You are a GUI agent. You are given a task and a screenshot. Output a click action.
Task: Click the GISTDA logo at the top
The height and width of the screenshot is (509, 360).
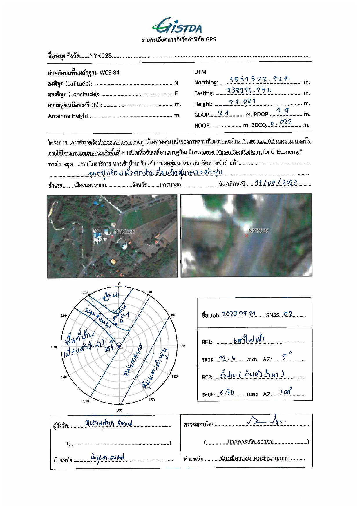coord(177,26)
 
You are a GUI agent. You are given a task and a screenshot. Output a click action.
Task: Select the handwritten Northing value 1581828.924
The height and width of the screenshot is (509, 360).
coord(259,79)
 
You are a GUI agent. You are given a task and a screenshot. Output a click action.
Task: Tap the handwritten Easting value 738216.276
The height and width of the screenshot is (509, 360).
coord(249,90)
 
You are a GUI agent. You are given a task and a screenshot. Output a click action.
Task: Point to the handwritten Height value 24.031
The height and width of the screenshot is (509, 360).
coord(242,102)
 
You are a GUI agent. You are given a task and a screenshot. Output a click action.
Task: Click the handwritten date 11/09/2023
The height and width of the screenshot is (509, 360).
coord(276,183)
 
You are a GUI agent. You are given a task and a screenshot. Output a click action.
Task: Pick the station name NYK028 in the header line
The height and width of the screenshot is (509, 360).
coord(100,56)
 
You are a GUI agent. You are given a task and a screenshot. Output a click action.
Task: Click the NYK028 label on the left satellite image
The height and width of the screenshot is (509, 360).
coord(124,231)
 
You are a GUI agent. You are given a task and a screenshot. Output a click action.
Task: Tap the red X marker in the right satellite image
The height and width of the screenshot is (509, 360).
coord(247,236)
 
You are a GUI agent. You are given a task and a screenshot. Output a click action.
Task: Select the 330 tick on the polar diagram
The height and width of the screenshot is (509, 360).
coord(85,293)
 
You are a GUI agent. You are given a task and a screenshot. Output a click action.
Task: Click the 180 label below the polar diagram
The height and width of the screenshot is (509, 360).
coord(119,410)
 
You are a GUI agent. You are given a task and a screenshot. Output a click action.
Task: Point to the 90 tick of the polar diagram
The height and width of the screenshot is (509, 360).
coord(183,346)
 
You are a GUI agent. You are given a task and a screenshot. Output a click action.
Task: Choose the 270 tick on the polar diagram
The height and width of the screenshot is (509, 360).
coord(54,347)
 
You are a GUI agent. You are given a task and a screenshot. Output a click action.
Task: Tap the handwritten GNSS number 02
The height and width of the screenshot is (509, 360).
coord(288,314)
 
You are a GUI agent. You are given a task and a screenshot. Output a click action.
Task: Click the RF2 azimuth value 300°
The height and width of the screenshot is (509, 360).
coord(285,392)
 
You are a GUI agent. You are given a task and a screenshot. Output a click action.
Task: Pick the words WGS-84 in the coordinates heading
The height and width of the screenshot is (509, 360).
coord(109,73)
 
